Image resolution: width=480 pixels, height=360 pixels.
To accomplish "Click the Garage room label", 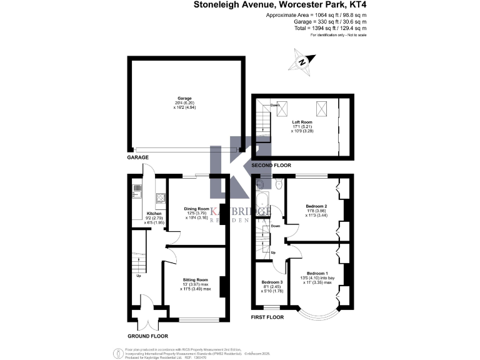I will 184,99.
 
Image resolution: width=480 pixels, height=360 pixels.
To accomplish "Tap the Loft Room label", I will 302,122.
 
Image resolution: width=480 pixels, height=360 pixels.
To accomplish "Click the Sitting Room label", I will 195,279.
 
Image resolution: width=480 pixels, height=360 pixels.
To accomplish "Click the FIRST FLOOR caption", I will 267,317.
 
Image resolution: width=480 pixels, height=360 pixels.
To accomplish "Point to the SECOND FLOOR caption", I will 271,165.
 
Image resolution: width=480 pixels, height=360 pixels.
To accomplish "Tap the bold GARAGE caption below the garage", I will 138,158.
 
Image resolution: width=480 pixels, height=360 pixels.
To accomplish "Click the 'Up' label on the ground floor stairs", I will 138,275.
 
